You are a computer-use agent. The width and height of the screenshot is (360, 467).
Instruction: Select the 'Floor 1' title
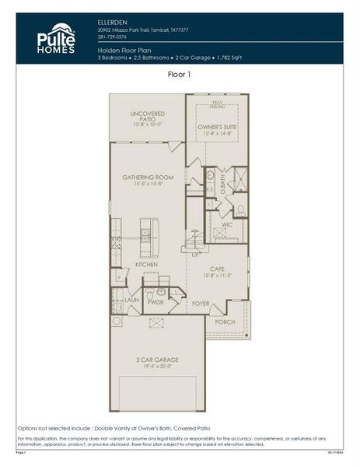(180, 75)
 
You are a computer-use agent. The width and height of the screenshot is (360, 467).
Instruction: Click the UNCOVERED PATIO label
(148, 117)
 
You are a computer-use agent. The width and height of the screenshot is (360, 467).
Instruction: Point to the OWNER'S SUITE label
(217, 125)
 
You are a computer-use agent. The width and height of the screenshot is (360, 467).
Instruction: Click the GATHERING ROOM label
(148, 177)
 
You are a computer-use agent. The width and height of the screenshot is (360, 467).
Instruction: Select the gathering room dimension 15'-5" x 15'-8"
(148, 185)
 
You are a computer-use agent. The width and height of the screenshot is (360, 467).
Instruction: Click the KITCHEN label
(146, 265)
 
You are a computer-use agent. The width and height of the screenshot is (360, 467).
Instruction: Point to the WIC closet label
(227, 225)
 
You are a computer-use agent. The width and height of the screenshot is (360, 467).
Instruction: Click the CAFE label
(218, 269)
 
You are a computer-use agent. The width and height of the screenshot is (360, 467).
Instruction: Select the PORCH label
(225, 321)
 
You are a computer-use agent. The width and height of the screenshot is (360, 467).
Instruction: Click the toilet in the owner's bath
(239, 209)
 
